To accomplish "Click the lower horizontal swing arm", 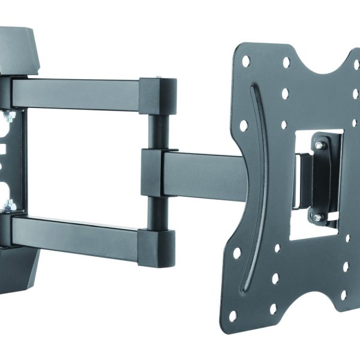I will click(75, 231).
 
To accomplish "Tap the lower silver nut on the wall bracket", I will click(10, 206).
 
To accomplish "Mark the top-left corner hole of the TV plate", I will click(245, 61).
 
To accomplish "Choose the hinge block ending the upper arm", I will click(158, 96).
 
